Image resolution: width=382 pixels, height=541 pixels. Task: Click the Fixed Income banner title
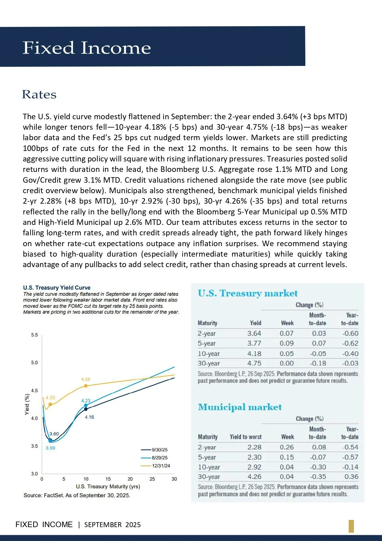87,48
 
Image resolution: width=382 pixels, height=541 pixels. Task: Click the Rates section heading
39,95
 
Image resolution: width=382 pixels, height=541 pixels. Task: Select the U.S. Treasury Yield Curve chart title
57,288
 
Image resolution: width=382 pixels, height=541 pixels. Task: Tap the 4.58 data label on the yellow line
86,379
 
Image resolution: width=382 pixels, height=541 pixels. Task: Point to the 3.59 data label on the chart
50,448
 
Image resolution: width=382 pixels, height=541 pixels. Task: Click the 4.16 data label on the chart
89,417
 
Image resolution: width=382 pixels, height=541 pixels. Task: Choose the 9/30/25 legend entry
154,450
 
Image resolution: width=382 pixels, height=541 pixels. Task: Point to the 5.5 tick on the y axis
34,335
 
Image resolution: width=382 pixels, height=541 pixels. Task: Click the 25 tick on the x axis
152,479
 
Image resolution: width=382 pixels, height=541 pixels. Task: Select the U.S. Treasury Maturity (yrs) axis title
108,486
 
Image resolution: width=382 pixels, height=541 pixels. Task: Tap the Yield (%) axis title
27,404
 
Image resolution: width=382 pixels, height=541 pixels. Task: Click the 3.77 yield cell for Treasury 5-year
254,344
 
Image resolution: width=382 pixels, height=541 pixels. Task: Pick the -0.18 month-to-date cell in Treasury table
318,364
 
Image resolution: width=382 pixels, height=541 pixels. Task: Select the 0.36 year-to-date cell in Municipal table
352,477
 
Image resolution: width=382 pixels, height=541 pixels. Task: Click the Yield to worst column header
246,437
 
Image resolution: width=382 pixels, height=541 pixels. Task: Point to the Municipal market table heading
240,407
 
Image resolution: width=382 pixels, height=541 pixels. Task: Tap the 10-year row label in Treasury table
209,354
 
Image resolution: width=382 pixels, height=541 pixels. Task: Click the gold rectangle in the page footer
351,526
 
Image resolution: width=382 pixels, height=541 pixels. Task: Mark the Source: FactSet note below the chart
77,495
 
